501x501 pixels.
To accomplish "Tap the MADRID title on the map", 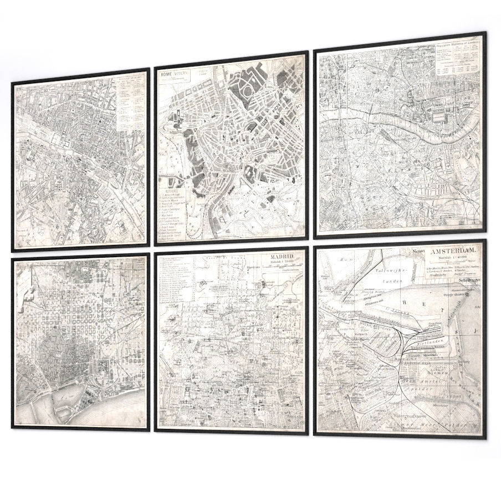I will coord(284,258).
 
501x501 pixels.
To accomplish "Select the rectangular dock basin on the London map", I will coord(441,116).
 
